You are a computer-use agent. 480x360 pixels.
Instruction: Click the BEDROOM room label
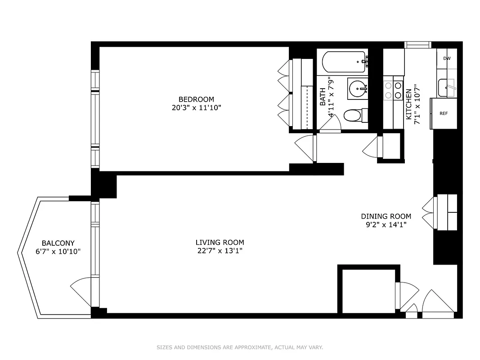[196, 99]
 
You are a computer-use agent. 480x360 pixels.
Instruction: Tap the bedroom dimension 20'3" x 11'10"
[196, 108]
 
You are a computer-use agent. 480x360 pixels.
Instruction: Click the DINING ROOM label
[386, 216]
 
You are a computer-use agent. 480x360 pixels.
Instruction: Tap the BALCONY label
[58, 243]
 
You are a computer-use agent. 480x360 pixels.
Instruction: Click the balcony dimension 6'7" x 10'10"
[58, 252]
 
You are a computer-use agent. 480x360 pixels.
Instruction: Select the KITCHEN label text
[408, 104]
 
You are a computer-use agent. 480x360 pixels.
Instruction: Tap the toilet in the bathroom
[354, 115]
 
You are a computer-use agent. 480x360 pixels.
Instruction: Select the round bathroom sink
[357, 88]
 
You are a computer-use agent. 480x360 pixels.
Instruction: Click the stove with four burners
[393, 90]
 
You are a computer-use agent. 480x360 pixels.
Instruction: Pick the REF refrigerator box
[444, 113]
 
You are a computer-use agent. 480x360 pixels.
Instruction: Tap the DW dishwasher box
[447, 58]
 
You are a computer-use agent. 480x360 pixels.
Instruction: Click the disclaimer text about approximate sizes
[240, 347]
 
